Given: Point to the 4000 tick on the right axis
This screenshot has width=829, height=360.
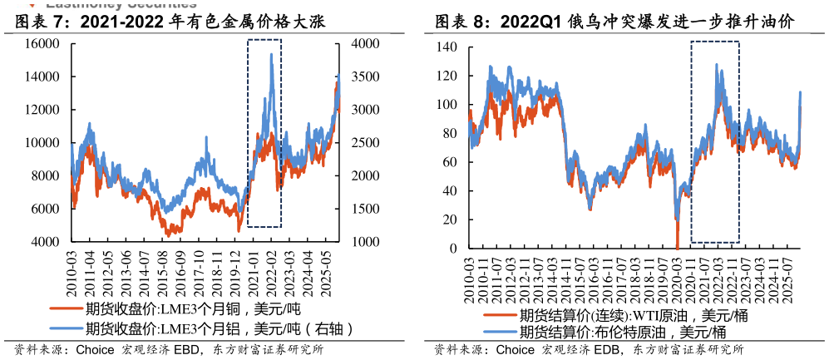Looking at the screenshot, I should pyautogui.click(x=365, y=43).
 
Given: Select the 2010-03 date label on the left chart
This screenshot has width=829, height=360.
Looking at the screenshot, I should pyautogui.click(x=72, y=266).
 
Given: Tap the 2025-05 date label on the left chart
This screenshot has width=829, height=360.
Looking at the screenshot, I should pyautogui.click(x=328, y=266).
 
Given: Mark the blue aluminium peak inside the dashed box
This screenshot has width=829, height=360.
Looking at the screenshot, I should pyautogui.click(x=271, y=55).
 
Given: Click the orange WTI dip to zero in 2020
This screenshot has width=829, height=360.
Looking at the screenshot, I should pyautogui.click(x=677, y=247).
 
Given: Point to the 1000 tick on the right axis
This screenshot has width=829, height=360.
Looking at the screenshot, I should pyautogui.click(x=365, y=242).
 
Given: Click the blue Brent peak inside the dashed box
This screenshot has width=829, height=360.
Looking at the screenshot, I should pyautogui.click(x=716, y=65).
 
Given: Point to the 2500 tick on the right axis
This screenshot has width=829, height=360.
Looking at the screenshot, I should pyautogui.click(x=365, y=143).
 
